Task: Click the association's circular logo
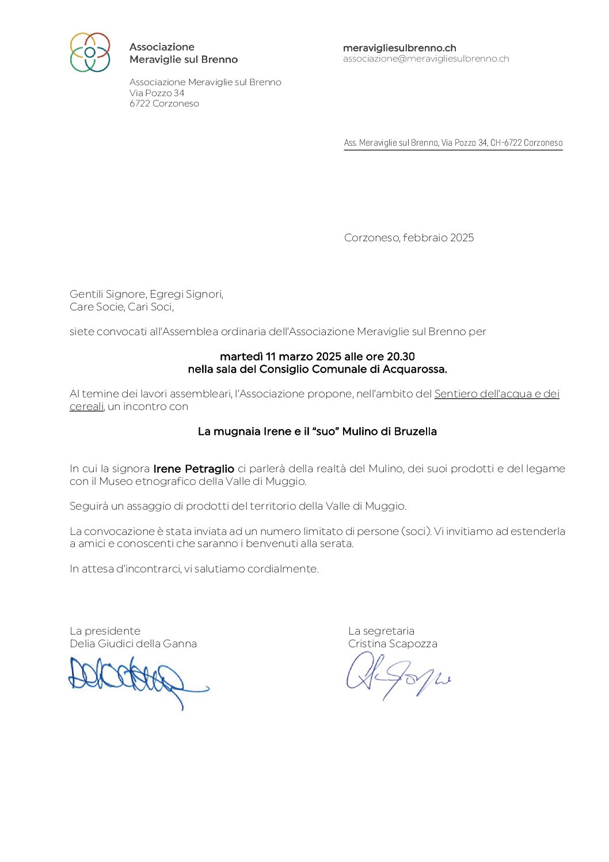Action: point(90,52)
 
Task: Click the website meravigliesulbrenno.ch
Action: point(399,48)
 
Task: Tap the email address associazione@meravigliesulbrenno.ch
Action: point(426,59)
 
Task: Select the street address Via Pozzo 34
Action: point(157,93)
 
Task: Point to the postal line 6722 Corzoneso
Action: point(164,104)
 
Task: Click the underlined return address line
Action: point(453,143)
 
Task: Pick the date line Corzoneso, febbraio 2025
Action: point(409,238)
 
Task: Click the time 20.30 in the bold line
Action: point(401,356)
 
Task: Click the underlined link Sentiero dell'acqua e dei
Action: point(497,394)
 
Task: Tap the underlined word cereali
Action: point(86,407)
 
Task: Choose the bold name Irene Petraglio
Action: point(193,469)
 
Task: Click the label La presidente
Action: point(105,631)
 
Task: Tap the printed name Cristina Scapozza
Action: point(393,644)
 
